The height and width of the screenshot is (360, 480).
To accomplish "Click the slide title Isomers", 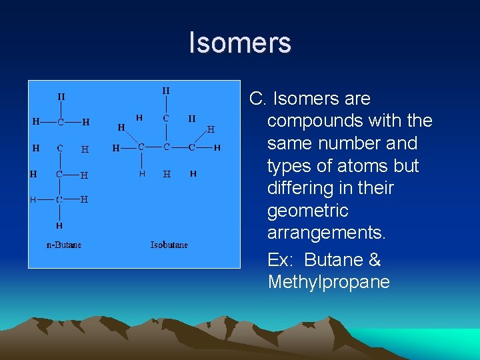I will click(x=240, y=43).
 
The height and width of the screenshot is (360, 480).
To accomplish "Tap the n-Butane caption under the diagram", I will click(x=64, y=245).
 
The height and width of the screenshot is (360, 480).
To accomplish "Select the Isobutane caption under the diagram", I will click(x=169, y=245).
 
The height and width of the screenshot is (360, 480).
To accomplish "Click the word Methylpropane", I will click(x=329, y=282).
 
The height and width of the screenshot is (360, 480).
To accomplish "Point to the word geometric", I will click(x=308, y=211).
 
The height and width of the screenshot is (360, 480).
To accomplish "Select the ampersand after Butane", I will click(x=374, y=259).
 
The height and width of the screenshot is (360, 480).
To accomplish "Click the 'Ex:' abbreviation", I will click(x=282, y=259).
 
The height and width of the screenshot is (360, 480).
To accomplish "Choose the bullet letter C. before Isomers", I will click(x=257, y=99).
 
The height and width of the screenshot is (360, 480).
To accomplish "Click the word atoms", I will click(x=362, y=165).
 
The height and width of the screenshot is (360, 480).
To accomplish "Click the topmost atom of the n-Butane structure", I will click(x=61, y=97).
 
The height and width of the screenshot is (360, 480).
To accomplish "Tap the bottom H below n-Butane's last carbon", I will click(x=59, y=225).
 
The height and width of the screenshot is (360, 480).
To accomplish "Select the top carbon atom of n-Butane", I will click(x=60, y=122).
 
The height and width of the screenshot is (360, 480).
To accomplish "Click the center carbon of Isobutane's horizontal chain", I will click(x=166, y=147).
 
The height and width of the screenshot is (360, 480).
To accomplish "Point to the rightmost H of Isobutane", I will click(x=217, y=147).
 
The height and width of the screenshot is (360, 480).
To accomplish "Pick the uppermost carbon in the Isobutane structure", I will click(x=166, y=118).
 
